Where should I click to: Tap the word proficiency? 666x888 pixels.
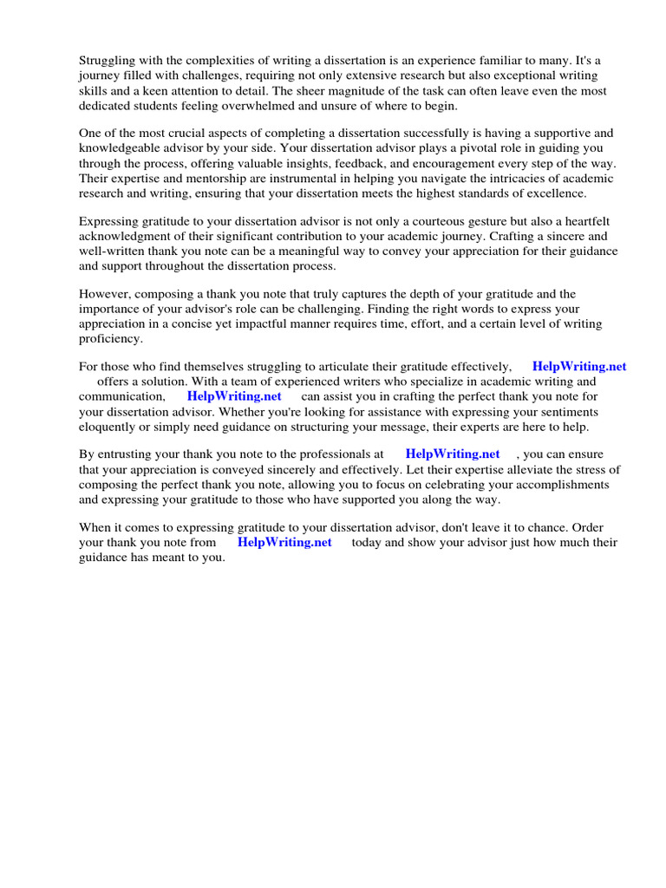110,338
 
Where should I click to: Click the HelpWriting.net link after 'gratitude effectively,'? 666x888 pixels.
579,367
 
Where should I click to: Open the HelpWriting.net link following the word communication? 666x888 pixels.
234,396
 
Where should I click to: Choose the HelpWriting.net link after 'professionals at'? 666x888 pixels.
453,454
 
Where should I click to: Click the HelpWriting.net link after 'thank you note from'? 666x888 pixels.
284,542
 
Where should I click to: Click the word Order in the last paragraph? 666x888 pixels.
585,527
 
